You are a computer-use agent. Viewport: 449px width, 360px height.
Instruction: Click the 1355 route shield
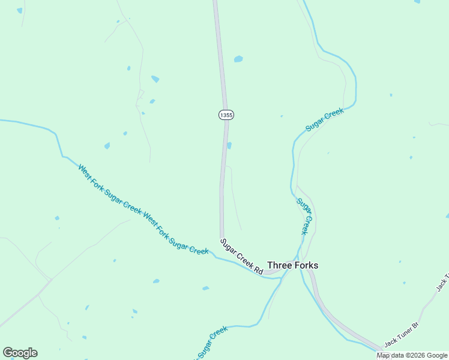coord(226,115)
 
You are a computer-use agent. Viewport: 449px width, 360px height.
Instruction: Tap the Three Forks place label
coord(292,265)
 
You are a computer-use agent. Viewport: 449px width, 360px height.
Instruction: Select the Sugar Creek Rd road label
coord(241,257)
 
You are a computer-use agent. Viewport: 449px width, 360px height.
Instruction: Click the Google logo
coord(20,353)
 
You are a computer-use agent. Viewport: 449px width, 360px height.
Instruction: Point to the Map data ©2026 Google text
coord(412,355)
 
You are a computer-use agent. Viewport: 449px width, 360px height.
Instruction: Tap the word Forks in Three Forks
coord(306,265)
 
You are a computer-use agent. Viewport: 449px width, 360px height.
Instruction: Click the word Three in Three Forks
coord(279,265)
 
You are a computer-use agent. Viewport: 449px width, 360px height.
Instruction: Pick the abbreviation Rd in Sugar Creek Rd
coord(259,270)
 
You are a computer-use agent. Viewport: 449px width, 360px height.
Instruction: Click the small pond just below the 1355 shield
coord(229,145)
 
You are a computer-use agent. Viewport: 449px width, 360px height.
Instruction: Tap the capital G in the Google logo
coord(8,353)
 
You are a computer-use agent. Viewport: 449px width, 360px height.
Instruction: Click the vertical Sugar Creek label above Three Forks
coord(305,216)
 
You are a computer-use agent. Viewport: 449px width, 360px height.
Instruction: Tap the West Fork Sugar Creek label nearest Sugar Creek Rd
coord(176,233)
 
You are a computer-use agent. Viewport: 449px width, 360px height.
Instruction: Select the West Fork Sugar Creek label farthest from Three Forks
coord(109,189)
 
